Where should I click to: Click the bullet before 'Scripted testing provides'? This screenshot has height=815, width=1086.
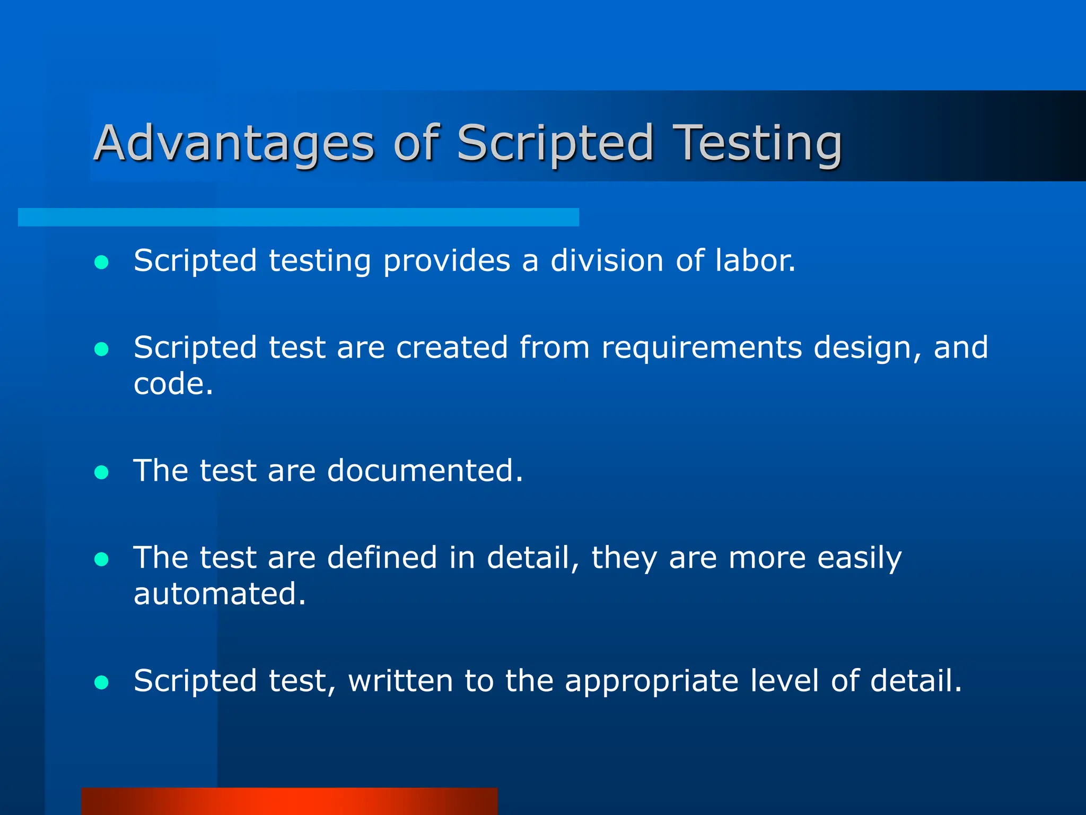101,262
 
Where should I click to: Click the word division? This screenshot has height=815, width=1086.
607,261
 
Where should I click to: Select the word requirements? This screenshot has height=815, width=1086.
702,348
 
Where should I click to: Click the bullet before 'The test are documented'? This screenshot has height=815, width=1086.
101,472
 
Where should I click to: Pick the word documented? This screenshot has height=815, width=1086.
424,471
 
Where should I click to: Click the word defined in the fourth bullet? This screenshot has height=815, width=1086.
382,558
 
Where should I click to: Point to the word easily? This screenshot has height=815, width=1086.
859,559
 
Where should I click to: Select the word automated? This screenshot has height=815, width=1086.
219,594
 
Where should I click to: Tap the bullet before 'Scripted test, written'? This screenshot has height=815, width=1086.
101,682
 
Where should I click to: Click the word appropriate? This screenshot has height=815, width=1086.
651,682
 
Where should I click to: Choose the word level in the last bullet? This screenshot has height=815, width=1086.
784,681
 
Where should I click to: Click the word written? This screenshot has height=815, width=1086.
400,681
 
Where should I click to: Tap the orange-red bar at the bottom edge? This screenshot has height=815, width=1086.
290,801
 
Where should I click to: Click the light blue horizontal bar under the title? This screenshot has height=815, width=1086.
298,218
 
